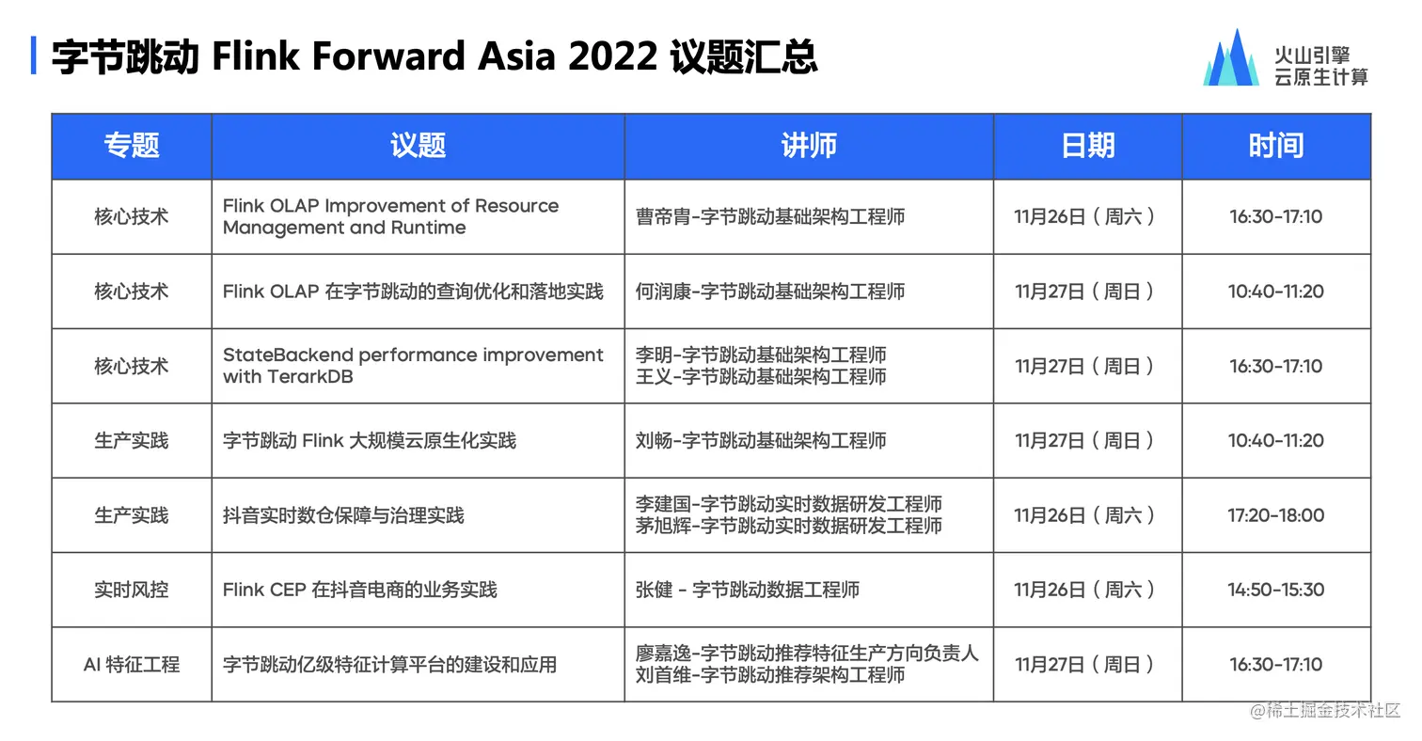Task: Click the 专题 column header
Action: [x=132, y=146]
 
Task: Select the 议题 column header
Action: [x=418, y=146]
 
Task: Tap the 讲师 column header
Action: [x=809, y=146]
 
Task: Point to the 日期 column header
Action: [x=1087, y=146]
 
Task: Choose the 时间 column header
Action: [x=1276, y=146]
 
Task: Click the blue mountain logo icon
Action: [x=1231, y=57]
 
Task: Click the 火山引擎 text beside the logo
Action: [x=1312, y=55]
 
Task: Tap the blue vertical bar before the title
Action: [x=33, y=55]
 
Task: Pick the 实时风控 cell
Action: [x=132, y=590]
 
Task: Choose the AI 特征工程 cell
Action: [x=132, y=665]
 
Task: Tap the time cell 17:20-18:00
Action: [x=1276, y=515]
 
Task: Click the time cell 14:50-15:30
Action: [x=1276, y=590]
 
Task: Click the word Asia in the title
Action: [x=516, y=55]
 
